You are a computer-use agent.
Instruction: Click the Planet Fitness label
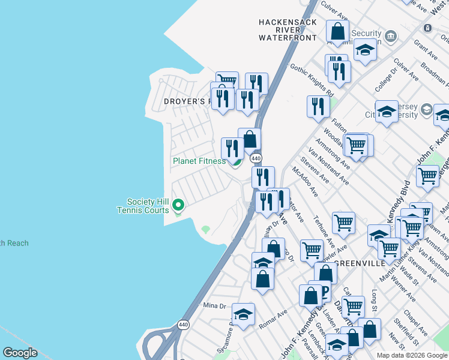pos(199,161)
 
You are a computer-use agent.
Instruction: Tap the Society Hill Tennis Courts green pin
pos(178,206)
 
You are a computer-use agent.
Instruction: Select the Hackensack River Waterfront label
pos(287,29)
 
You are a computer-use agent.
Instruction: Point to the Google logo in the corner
pos(20,353)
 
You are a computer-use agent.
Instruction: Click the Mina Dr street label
pos(214,305)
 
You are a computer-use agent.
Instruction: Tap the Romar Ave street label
pos(273,318)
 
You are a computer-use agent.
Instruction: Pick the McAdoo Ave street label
pos(306,181)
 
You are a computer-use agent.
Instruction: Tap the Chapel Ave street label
pos(414,322)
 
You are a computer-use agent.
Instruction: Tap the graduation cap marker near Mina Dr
pos(243,314)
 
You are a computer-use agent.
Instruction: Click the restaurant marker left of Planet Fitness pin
pos(232,148)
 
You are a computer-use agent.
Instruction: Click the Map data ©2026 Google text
pos(412,355)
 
